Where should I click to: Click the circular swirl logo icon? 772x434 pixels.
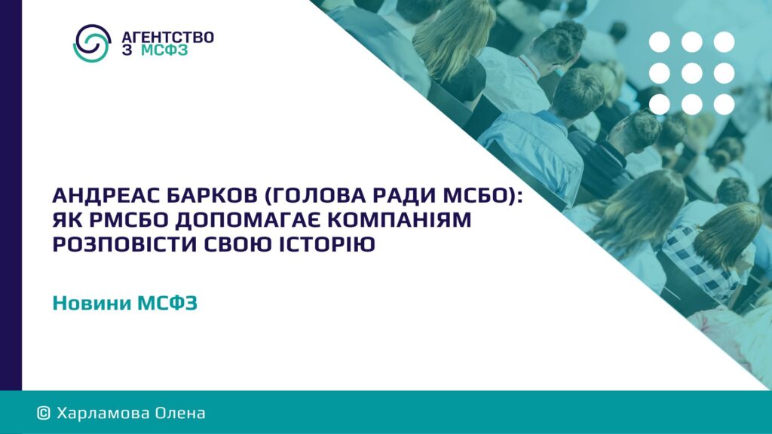(92, 43)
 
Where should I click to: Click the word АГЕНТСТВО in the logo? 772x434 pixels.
(167, 38)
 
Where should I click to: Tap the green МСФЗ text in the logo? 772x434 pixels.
(164, 50)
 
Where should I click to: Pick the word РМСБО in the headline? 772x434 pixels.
(129, 220)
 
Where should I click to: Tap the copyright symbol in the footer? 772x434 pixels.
(43, 413)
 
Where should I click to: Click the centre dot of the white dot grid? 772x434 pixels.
(692, 73)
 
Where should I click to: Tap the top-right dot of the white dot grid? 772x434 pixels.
(725, 42)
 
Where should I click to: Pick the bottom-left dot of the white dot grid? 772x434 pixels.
(659, 105)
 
